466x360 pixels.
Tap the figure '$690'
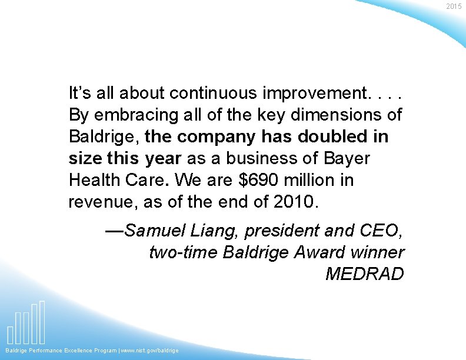tap(247, 180)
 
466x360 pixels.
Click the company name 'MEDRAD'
tap(365, 274)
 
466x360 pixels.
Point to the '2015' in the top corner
tap(454, 6)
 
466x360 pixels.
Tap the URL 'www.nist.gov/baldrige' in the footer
tap(150, 351)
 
